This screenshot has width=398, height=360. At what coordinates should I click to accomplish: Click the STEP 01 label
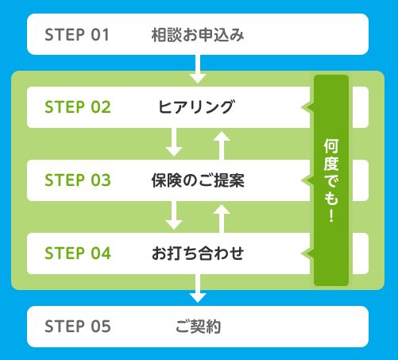[x=77, y=35]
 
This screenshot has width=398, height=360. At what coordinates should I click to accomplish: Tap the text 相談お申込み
[x=198, y=35]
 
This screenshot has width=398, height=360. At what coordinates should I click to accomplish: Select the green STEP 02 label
[x=78, y=107]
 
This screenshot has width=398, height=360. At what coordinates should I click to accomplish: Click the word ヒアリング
[x=196, y=107]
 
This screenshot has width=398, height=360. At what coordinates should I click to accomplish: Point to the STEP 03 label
[x=78, y=180]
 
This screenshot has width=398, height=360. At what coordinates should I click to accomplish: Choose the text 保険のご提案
[x=198, y=180]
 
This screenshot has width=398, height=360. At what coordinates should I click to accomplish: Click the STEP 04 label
[x=78, y=254]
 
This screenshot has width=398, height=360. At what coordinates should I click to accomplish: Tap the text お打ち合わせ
[x=198, y=254]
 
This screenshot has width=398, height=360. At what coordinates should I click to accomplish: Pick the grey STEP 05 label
[x=78, y=327]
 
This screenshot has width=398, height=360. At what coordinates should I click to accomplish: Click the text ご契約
[x=198, y=327]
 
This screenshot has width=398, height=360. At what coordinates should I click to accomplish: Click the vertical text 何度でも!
[x=331, y=180]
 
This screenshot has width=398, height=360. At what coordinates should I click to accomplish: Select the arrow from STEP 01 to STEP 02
[x=198, y=69]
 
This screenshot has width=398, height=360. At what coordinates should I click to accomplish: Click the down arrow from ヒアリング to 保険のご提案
[x=174, y=142]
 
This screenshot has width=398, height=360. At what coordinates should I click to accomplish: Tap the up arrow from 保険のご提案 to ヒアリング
[x=222, y=145]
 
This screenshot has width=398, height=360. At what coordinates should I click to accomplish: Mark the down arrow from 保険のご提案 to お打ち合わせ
[x=174, y=215]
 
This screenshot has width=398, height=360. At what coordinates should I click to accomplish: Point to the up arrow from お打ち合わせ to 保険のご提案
[x=222, y=219]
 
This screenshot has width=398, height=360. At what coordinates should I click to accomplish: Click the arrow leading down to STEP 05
[x=198, y=288]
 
